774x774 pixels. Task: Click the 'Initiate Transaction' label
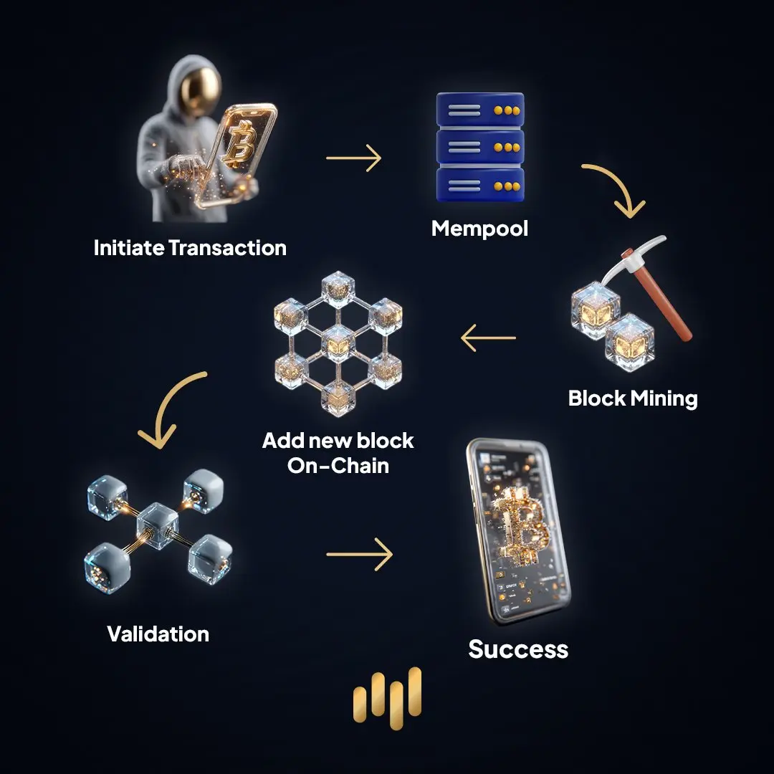coord(190,248)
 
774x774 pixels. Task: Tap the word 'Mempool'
coord(479,229)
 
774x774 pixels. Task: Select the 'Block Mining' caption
coord(633,398)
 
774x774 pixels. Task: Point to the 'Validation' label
coord(158,634)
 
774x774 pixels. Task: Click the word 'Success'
coord(518,649)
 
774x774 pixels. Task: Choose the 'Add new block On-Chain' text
coord(338,452)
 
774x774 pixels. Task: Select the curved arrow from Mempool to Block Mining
coord(613,188)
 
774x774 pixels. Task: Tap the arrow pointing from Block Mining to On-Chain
coord(488,338)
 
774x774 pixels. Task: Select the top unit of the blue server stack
coord(479,110)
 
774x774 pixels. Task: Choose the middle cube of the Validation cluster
coord(156,522)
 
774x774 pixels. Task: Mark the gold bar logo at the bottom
coord(388,694)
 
